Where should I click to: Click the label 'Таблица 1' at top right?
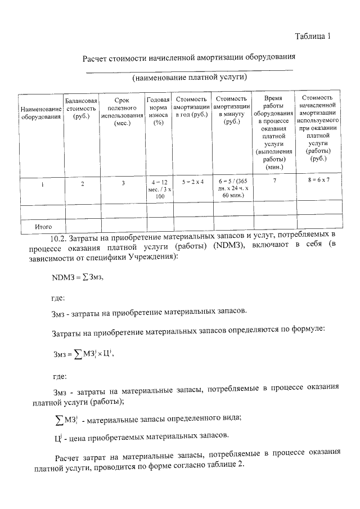click(x=313, y=37)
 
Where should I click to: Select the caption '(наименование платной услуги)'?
click(x=190, y=77)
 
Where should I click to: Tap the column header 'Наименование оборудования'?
click(x=40, y=113)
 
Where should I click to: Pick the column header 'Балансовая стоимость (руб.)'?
click(x=82, y=108)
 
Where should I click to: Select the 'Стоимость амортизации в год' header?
click(x=191, y=107)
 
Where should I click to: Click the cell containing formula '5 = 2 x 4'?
click(x=191, y=182)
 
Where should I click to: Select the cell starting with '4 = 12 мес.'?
click(x=158, y=189)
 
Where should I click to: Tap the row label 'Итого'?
click(x=43, y=226)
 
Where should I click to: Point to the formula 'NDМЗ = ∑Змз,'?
click(x=78, y=277)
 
